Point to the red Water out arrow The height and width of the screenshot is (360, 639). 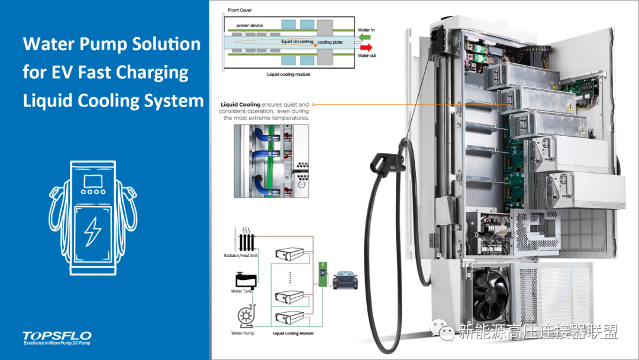pyautogui.click(x=366, y=47)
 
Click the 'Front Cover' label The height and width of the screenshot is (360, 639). pyautogui.click(x=238, y=10)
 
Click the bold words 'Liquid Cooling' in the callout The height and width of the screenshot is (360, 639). pyautogui.click(x=240, y=105)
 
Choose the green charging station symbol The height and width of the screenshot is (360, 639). pyautogui.click(x=323, y=275)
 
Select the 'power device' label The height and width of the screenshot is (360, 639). pyautogui.click(x=250, y=25)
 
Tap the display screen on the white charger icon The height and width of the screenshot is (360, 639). pyautogui.click(x=93, y=181)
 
